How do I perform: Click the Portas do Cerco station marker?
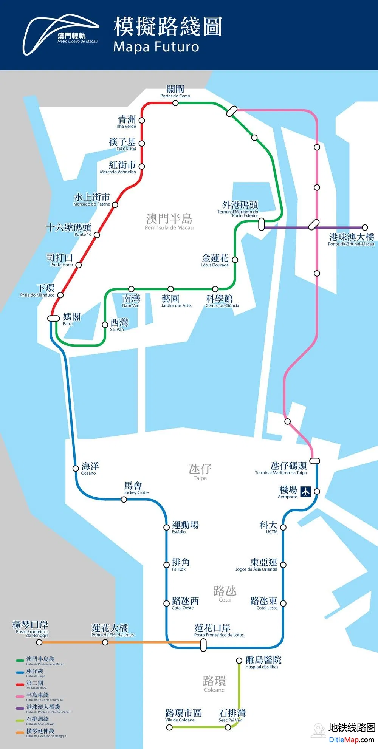(x=175, y=103)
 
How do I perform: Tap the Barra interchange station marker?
(x=54, y=318)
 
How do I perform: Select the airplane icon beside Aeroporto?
(x=305, y=491)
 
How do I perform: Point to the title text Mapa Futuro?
(x=156, y=47)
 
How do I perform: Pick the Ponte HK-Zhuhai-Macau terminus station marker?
(x=365, y=227)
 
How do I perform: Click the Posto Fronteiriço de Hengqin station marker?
(x=39, y=642)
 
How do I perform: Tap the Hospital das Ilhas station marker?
(x=239, y=661)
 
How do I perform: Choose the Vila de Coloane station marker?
(x=169, y=727)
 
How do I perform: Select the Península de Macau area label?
(x=169, y=221)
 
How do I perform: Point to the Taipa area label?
(x=200, y=472)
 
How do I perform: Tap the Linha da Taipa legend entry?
(x=35, y=673)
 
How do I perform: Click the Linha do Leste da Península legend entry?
(x=38, y=696)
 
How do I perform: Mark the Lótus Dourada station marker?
(x=235, y=260)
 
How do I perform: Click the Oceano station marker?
(x=76, y=469)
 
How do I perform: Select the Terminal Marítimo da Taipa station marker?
(x=314, y=461)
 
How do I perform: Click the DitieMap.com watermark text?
(x=351, y=740)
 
